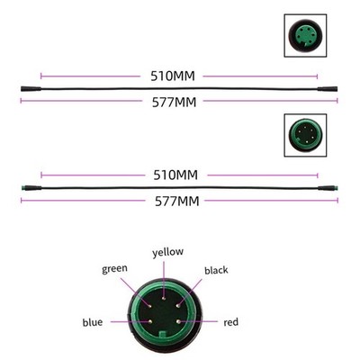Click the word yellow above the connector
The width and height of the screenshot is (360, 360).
(167, 252)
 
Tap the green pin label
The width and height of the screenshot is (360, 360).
(114, 269)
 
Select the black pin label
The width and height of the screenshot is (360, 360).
(216, 270)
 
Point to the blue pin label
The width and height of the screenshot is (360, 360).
(93, 322)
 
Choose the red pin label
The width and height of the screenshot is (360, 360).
(231, 322)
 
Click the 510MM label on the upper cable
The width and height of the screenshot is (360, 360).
(173, 76)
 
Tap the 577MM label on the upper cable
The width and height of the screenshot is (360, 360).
(174, 103)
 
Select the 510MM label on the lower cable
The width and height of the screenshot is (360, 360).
(175, 175)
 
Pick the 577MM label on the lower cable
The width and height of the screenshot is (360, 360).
(177, 202)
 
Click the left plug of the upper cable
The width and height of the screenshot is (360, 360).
(31, 89)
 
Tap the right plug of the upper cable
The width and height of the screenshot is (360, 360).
(328, 89)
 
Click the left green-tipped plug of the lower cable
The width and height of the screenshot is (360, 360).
(31, 188)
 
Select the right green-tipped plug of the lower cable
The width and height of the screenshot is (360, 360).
(328, 188)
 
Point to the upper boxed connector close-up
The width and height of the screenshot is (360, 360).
(305, 35)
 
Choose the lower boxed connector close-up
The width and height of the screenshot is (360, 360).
(305, 135)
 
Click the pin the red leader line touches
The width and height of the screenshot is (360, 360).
(178, 321)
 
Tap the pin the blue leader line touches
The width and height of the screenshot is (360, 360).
(149, 321)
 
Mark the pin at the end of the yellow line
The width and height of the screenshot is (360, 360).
(164, 298)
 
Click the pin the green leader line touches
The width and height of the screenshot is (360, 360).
(149, 306)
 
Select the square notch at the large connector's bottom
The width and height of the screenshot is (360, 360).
(163, 335)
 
